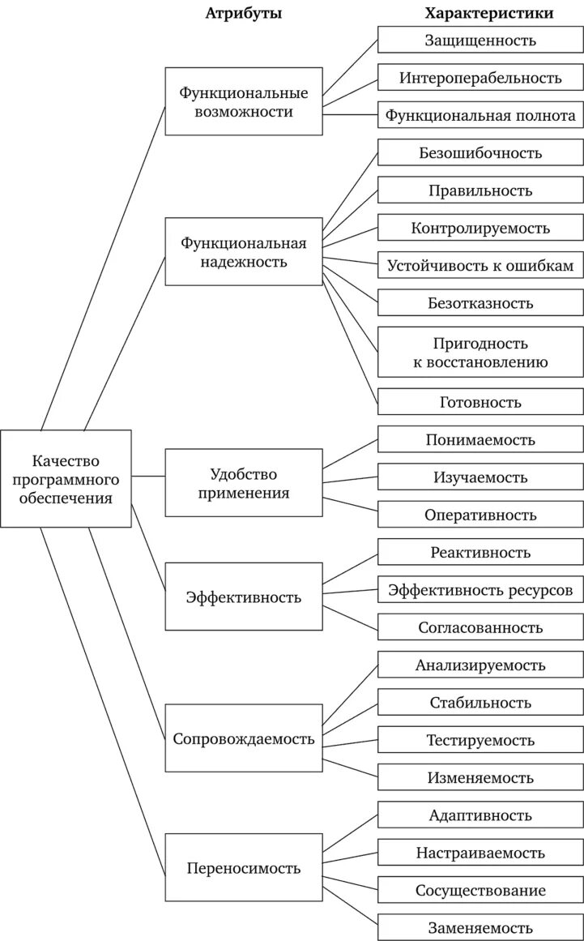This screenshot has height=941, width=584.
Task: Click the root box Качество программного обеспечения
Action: [x=66, y=478]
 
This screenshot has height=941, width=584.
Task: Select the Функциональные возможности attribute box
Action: [x=244, y=101]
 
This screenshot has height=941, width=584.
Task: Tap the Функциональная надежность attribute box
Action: [x=244, y=251]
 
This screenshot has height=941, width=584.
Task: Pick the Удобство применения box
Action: [x=244, y=482]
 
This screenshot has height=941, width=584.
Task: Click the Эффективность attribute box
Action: [x=244, y=597]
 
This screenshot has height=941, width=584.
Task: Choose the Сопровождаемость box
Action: [x=244, y=738]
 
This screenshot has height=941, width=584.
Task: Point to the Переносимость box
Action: [x=244, y=867]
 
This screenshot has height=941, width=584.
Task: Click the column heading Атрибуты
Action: [x=244, y=13]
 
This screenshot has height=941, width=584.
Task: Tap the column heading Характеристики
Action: [x=489, y=13]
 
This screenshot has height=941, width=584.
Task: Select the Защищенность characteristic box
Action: [x=480, y=40]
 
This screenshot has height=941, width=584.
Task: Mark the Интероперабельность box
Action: [x=480, y=78]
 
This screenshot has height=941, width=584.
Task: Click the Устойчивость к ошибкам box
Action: [x=480, y=265]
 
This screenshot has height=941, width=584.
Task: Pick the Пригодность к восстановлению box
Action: [x=480, y=352]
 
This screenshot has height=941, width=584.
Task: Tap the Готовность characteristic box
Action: [x=480, y=401]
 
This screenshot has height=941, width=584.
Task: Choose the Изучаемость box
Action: [x=480, y=477]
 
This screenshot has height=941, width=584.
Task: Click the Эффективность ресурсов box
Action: [x=480, y=589]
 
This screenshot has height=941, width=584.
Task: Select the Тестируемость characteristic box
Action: [x=480, y=739]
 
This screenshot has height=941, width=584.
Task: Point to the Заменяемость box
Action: [x=480, y=927]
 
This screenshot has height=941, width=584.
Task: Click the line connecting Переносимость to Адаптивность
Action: [x=350, y=834]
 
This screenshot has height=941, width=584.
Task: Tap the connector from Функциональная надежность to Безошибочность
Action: [x=350, y=191]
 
